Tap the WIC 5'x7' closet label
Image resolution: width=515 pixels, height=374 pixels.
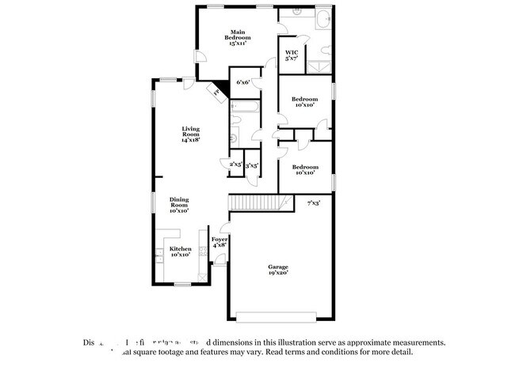[291, 55]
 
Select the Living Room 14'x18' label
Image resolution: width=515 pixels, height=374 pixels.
[190, 134]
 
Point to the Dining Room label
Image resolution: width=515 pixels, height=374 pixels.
[179, 206]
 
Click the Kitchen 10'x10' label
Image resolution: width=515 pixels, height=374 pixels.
[180, 252]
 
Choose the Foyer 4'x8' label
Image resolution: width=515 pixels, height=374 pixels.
[219, 242]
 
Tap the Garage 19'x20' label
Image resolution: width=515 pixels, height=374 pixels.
[277, 270]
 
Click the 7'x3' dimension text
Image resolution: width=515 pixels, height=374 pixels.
[315, 204]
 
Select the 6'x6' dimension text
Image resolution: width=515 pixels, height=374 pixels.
[243, 82]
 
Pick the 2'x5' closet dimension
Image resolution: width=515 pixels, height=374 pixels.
[235, 165]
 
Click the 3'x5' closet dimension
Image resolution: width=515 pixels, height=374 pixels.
[252, 165]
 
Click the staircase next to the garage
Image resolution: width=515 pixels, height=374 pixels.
[254, 204]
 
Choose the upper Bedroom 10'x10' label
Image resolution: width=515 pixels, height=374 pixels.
[304, 102]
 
